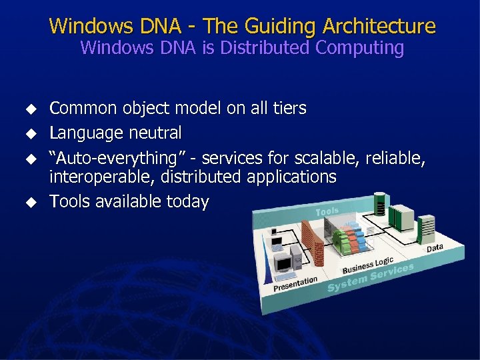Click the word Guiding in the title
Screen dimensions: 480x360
point(276,27)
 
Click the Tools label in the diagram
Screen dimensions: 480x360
point(327,211)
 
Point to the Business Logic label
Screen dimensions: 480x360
point(367,264)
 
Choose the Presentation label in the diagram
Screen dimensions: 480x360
point(295,284)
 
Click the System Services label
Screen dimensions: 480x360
point(371,277)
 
